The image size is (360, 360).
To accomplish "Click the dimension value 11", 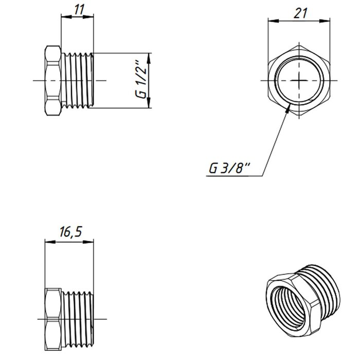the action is coord(79,9).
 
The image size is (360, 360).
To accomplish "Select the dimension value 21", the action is coord(300,13).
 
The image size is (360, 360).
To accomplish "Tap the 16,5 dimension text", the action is coord(71,231).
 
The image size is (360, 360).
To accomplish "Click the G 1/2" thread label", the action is coord(141,79).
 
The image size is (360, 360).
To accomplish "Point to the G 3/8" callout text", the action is coord(229,168).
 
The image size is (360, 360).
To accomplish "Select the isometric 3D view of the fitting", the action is coord(303,300).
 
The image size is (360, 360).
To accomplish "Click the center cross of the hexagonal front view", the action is coord(299,80).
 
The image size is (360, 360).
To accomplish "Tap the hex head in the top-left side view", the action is coord(53,80).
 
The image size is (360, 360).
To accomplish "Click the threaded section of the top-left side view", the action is coord(78,80).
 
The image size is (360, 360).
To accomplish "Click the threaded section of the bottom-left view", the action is coord(78,319).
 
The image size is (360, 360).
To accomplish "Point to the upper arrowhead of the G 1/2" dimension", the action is coord(149,59).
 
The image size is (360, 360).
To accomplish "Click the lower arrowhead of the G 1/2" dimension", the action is coord(149,102).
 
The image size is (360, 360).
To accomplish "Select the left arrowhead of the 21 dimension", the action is coord(274,21).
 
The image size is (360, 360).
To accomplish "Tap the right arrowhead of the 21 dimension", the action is coord(325,21).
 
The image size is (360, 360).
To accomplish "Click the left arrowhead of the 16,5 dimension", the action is coord(50,242).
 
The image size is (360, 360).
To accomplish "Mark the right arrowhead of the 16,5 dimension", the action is coord(88,242).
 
